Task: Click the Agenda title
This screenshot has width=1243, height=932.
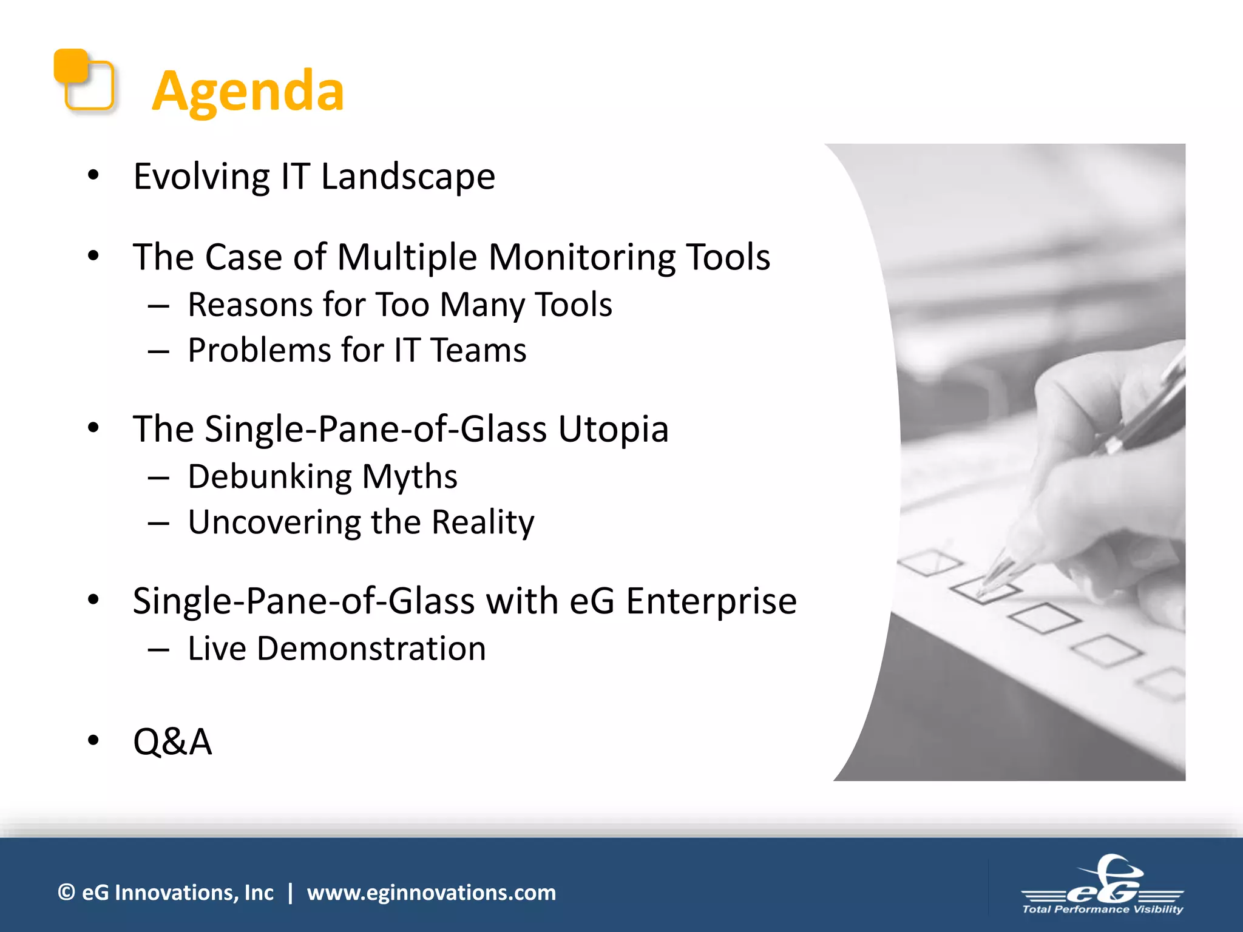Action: [x=248, y=91]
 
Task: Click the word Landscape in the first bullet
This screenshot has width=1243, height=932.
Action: [x=408, y=177]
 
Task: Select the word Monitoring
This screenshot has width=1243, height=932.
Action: [x=581, y=257]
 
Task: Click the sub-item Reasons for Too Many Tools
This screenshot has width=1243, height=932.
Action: [x=399, y=305]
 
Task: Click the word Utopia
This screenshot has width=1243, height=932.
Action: [x=613, y=430]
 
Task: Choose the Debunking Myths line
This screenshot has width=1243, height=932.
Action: [x=322, y=477]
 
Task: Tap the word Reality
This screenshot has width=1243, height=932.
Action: [x=483, y=522]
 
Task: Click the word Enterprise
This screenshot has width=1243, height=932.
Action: [x=711, y=601]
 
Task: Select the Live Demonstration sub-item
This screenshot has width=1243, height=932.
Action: [x=337, y=649]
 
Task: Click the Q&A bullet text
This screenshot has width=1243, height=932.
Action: [x=172, y=741]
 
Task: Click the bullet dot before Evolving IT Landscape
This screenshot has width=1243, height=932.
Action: [x=93, y=175]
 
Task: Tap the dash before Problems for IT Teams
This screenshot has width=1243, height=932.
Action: [x=158, y=351]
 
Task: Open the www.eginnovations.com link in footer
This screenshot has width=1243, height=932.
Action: [x=431, y=893]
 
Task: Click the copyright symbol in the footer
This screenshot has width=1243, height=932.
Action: [x=66, y=893]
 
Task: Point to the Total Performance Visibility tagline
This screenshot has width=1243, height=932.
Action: [x=1102, y=909]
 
